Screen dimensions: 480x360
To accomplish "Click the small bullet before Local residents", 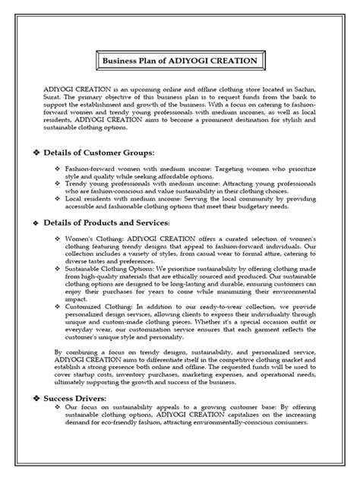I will click(x=59, y=194).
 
